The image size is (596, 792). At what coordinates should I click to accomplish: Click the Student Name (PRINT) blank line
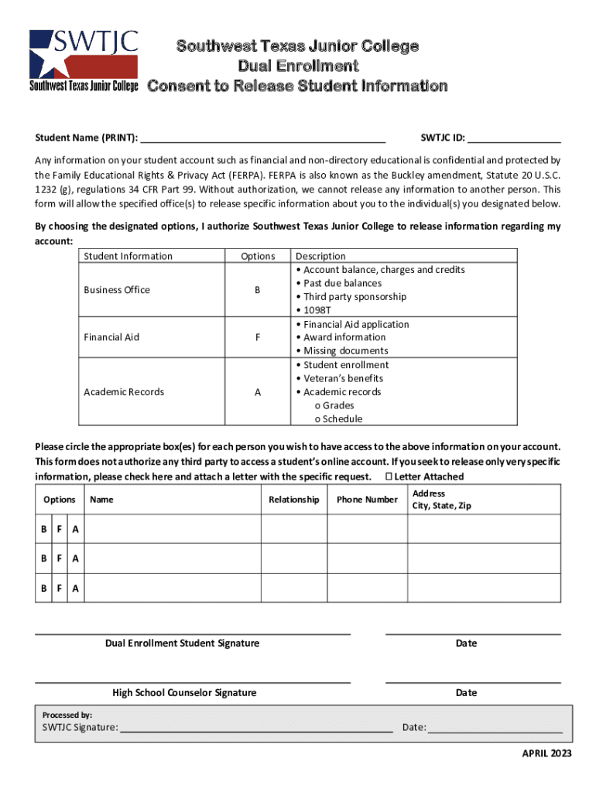pos(263,139)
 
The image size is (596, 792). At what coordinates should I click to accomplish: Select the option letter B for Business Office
pos(258,290)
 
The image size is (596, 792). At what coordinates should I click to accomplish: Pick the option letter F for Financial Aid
pos(258,337)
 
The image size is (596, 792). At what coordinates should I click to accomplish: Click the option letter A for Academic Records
pos(258,392)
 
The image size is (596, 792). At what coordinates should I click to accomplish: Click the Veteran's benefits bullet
pos(343,378)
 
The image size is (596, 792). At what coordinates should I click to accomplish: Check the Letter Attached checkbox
pos(389,476)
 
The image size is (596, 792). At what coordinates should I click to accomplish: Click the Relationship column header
pos(293,500)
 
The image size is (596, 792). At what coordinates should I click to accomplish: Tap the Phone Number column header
pos(367,500)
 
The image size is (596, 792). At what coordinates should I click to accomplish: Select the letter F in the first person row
pos(59,529)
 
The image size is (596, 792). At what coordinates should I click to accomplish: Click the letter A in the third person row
pos(75,589)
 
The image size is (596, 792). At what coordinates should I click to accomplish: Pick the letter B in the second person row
pos(43,558)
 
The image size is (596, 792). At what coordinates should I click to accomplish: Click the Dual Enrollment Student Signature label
pos(183,643)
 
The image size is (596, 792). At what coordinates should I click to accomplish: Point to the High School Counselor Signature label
pos(184,693)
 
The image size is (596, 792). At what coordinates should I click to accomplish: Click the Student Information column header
pos(128,256)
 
